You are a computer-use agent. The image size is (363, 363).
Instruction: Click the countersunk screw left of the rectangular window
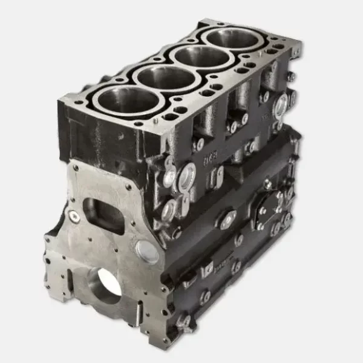tap(74, 215)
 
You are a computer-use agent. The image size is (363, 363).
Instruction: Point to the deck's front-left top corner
tap(60, 100)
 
